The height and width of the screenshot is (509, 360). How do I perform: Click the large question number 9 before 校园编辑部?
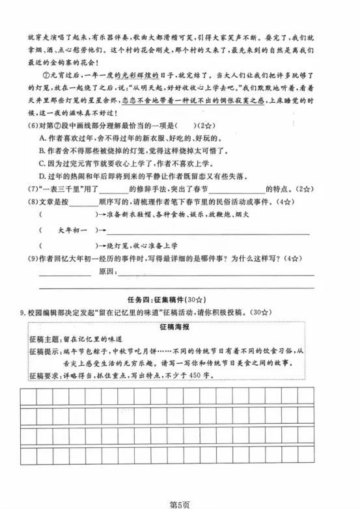[22, 313]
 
